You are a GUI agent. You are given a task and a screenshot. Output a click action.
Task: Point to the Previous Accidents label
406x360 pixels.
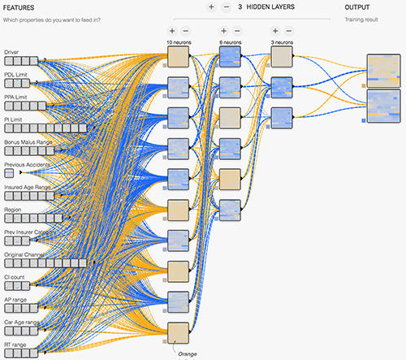tap(28, 164)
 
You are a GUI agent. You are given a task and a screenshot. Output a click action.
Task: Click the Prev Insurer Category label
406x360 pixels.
tap(32, 232)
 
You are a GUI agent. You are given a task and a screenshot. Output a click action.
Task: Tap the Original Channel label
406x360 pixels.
tap(26, 255)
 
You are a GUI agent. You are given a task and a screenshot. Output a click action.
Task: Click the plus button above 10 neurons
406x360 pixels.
tap(172, 30)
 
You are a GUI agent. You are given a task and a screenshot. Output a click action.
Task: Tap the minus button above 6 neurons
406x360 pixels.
tap(238, 30)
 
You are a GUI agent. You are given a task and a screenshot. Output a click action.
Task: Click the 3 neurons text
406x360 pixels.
tap(282, 41)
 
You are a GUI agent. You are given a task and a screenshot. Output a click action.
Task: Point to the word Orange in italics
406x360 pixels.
tap(188, 353)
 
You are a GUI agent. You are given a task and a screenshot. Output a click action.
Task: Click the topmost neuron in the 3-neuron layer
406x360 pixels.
tap(282, 56)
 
